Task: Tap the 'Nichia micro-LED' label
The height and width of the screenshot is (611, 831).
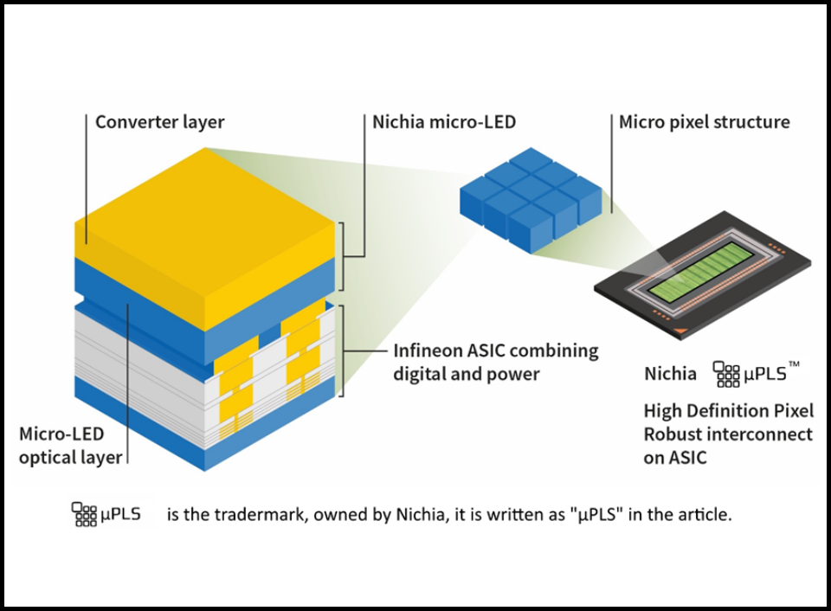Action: (x=444, y=122)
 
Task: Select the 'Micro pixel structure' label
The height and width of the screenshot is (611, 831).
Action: (x=704, y=122)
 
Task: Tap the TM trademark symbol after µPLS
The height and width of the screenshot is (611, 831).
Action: (x=794, y=366)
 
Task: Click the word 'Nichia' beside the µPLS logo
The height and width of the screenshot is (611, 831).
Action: (x=670, y=374)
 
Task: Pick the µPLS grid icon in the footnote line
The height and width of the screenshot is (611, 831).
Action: (x=83, y=514)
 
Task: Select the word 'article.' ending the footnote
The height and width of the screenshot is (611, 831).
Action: (x=706, y=515)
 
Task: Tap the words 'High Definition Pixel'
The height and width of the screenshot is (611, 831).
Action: (x=728, y=410)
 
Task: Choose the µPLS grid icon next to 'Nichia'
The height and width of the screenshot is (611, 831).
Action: (x=725, y=374)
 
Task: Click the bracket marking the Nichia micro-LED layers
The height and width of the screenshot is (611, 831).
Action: (x=345, y=257)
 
